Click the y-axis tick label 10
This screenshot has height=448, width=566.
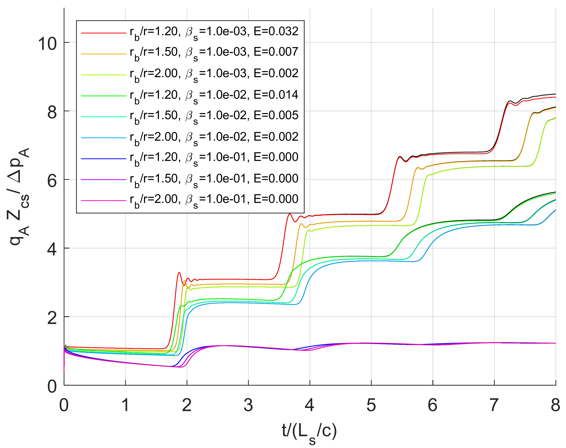47,43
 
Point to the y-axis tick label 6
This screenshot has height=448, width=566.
52,181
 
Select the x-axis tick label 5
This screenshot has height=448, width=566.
371,405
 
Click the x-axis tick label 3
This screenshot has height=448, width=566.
248,405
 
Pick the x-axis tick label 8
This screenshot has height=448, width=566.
555,405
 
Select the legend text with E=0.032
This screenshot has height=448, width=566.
214,32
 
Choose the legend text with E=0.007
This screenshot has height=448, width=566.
214,53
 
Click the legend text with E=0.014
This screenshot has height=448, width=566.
214,95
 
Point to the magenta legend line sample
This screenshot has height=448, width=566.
103,201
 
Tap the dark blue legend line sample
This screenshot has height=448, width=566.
103,159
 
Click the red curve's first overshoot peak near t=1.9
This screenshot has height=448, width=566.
179,273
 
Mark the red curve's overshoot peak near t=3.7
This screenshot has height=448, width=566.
290,214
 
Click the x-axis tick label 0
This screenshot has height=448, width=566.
64,405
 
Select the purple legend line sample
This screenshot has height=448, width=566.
103,179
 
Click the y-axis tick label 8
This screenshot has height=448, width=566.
52,112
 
